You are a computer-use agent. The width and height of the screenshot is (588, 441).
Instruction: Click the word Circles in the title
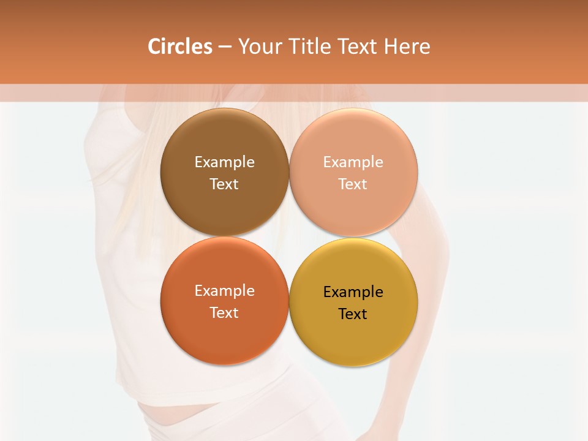pyautogui.click(x=179, y=47)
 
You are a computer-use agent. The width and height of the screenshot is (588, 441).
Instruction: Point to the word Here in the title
pyautogui.click(x=407, y=47)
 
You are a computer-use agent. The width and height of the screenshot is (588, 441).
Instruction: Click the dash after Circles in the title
pyautogui.click(x=225, y=47)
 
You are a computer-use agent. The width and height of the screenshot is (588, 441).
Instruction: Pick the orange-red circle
pyautogui.click(x=224, y=334)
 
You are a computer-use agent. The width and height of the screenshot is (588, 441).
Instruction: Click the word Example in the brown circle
pyautogui.click(x=224, y=162)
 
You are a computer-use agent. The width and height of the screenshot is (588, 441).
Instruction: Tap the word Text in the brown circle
pyautogui.click(x=224, y=184)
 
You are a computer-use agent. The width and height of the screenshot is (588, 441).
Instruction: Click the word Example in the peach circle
pyautogui.click(x=353, y=162)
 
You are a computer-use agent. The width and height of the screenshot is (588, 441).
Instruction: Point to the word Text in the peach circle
pyautogui.click(x=353, y=184)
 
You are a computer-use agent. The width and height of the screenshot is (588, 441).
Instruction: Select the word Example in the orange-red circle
pyautogui.click(x=224, y=291)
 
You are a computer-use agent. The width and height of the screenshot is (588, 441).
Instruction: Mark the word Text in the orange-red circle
pyautogui.click(x=224, y=313)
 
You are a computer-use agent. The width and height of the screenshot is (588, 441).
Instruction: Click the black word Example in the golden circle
pyautogui.click(x=353, y=292)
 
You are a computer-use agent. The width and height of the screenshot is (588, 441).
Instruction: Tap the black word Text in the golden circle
pyautogui.click(x=353, y=314)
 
